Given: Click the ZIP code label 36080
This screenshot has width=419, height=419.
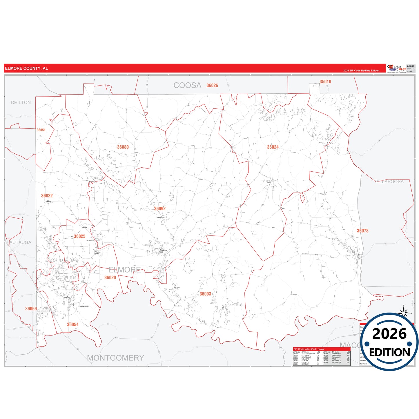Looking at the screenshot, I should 123,147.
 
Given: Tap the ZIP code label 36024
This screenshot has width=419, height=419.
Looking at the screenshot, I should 273,147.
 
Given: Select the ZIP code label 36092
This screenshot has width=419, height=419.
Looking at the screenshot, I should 160,208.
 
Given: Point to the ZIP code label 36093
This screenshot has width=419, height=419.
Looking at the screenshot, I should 205,294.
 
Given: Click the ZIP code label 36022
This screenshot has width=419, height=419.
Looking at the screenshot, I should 47,196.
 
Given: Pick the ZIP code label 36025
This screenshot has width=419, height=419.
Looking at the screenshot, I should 79,236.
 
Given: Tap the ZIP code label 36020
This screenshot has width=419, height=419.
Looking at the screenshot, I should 110,277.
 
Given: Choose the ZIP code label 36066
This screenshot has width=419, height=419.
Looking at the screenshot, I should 31,309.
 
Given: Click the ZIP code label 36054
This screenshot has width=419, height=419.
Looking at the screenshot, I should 73,324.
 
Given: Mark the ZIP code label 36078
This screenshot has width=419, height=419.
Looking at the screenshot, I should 363,231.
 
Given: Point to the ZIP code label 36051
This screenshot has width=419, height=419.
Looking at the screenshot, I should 41,130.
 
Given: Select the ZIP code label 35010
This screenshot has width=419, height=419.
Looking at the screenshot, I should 325,82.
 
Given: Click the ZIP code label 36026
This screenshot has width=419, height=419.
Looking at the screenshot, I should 212,85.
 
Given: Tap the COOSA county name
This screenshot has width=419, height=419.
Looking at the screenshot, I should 187,85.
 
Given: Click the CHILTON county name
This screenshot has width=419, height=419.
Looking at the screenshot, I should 21,102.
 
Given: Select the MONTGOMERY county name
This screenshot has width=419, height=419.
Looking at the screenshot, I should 116,358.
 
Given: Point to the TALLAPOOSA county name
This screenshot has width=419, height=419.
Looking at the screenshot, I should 389,182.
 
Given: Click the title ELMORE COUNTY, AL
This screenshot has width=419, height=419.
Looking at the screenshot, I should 26,68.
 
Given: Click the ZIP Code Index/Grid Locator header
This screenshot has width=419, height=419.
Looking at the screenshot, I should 309,349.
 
